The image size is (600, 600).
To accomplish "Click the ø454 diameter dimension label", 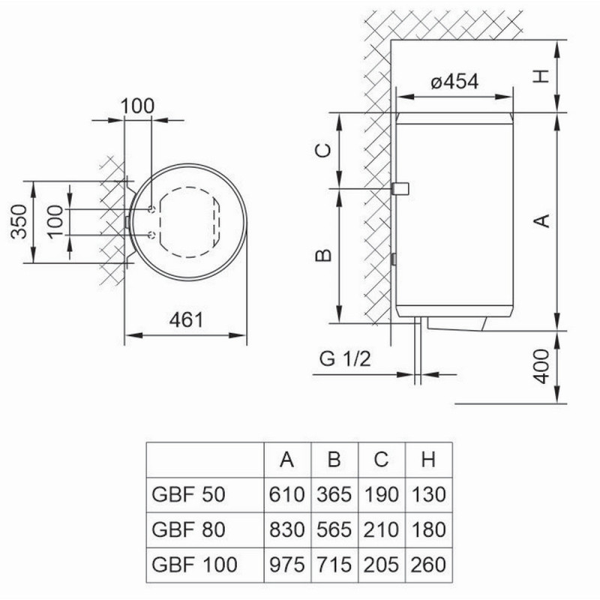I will [454, 82].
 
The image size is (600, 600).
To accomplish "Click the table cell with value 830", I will [286, 529].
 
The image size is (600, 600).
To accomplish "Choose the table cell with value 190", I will [381, 496].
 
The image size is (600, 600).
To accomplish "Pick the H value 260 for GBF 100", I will [429, 563].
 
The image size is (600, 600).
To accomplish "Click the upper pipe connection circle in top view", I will [153, 209].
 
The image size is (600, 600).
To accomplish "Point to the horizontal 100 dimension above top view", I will [136, 105].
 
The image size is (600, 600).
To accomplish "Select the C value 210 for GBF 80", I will [381, 529].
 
